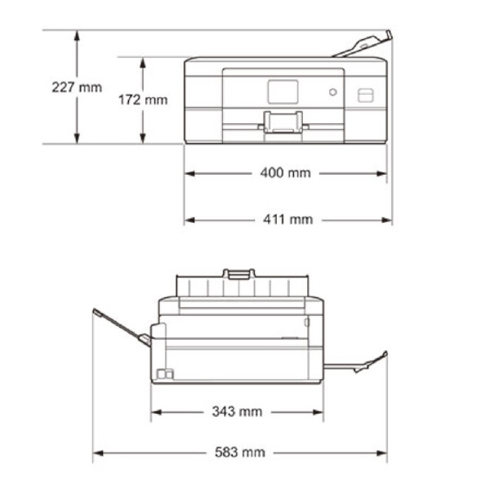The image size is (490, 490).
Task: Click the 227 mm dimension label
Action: click(77, 87)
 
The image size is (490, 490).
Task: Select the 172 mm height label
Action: click(143, 100)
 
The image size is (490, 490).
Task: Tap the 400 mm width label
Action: click(285, 173)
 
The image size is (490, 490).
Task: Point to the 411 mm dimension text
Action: click(287, 220)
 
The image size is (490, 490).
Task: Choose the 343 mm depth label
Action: click(237, 412)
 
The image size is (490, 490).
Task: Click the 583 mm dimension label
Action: click(239, 452)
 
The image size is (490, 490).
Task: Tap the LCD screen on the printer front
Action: click(283, 91)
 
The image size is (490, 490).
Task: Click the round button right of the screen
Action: click(333, 92)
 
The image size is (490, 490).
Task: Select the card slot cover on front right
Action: click(366, 95)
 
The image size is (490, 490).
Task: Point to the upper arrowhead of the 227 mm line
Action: click(77, 35)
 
